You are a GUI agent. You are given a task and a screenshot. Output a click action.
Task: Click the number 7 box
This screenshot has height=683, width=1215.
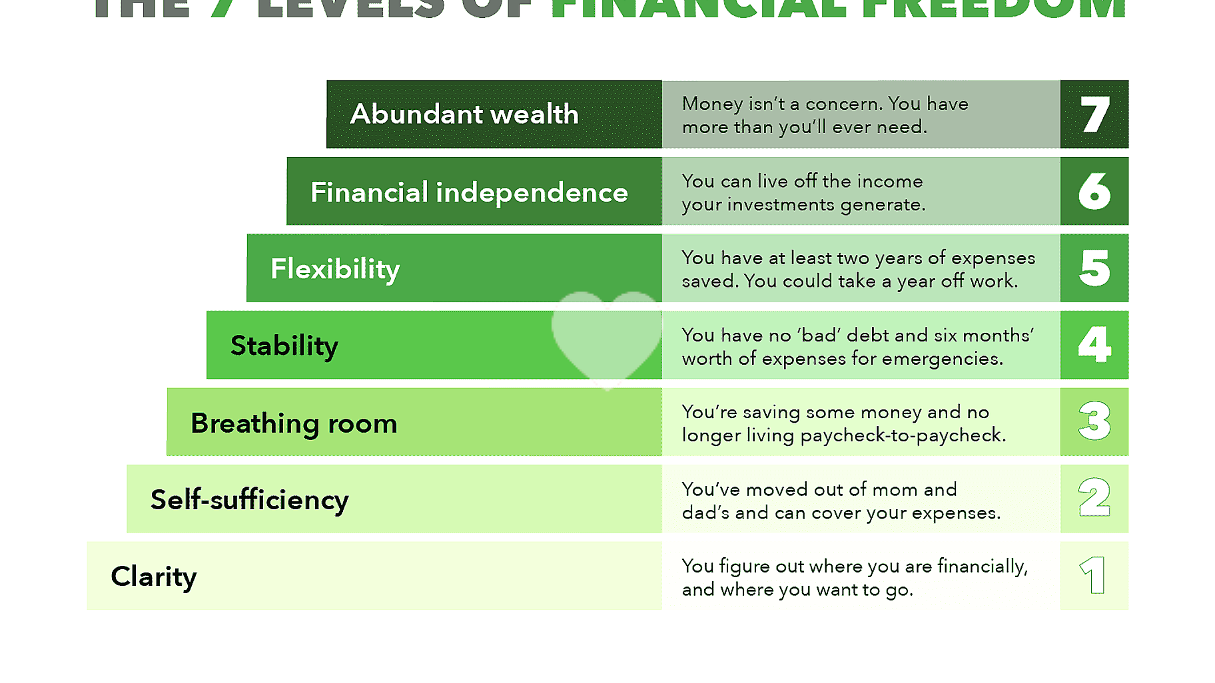[x=1094, y=114]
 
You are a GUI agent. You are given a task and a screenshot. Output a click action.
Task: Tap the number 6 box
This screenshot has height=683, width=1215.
[x=1094, y=192]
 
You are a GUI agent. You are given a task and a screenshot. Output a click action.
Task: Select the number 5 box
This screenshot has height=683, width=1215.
[x=1094, y=268]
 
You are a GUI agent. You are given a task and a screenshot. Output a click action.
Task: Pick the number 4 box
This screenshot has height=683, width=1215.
[x=1094, y=345]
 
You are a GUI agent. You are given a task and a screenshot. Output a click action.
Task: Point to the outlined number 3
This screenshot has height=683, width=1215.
[x=1094, y=421]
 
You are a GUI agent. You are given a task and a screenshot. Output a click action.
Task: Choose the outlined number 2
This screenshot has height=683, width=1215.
[x=1094, y=498]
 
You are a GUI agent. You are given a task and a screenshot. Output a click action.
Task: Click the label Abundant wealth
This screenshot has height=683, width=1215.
[x=464, y=114]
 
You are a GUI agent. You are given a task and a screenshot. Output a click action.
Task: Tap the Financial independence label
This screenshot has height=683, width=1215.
[x=469, y=192]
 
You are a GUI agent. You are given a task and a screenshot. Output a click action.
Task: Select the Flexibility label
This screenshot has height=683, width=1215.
[x=335, y=269]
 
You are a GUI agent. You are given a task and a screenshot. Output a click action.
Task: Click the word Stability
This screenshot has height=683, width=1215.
[x=284, y=345]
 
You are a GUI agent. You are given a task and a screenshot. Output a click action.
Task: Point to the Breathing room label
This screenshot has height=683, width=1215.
[x=294, y=423]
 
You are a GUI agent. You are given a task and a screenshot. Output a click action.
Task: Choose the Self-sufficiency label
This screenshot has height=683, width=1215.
[x=250, y=500]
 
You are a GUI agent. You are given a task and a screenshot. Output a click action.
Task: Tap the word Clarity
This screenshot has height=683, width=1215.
[x=154, y=576]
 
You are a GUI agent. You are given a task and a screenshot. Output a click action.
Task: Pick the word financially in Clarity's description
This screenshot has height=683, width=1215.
[x=983, y=567]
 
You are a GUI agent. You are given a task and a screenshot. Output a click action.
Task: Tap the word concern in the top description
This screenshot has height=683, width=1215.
[x=843, y=104]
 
